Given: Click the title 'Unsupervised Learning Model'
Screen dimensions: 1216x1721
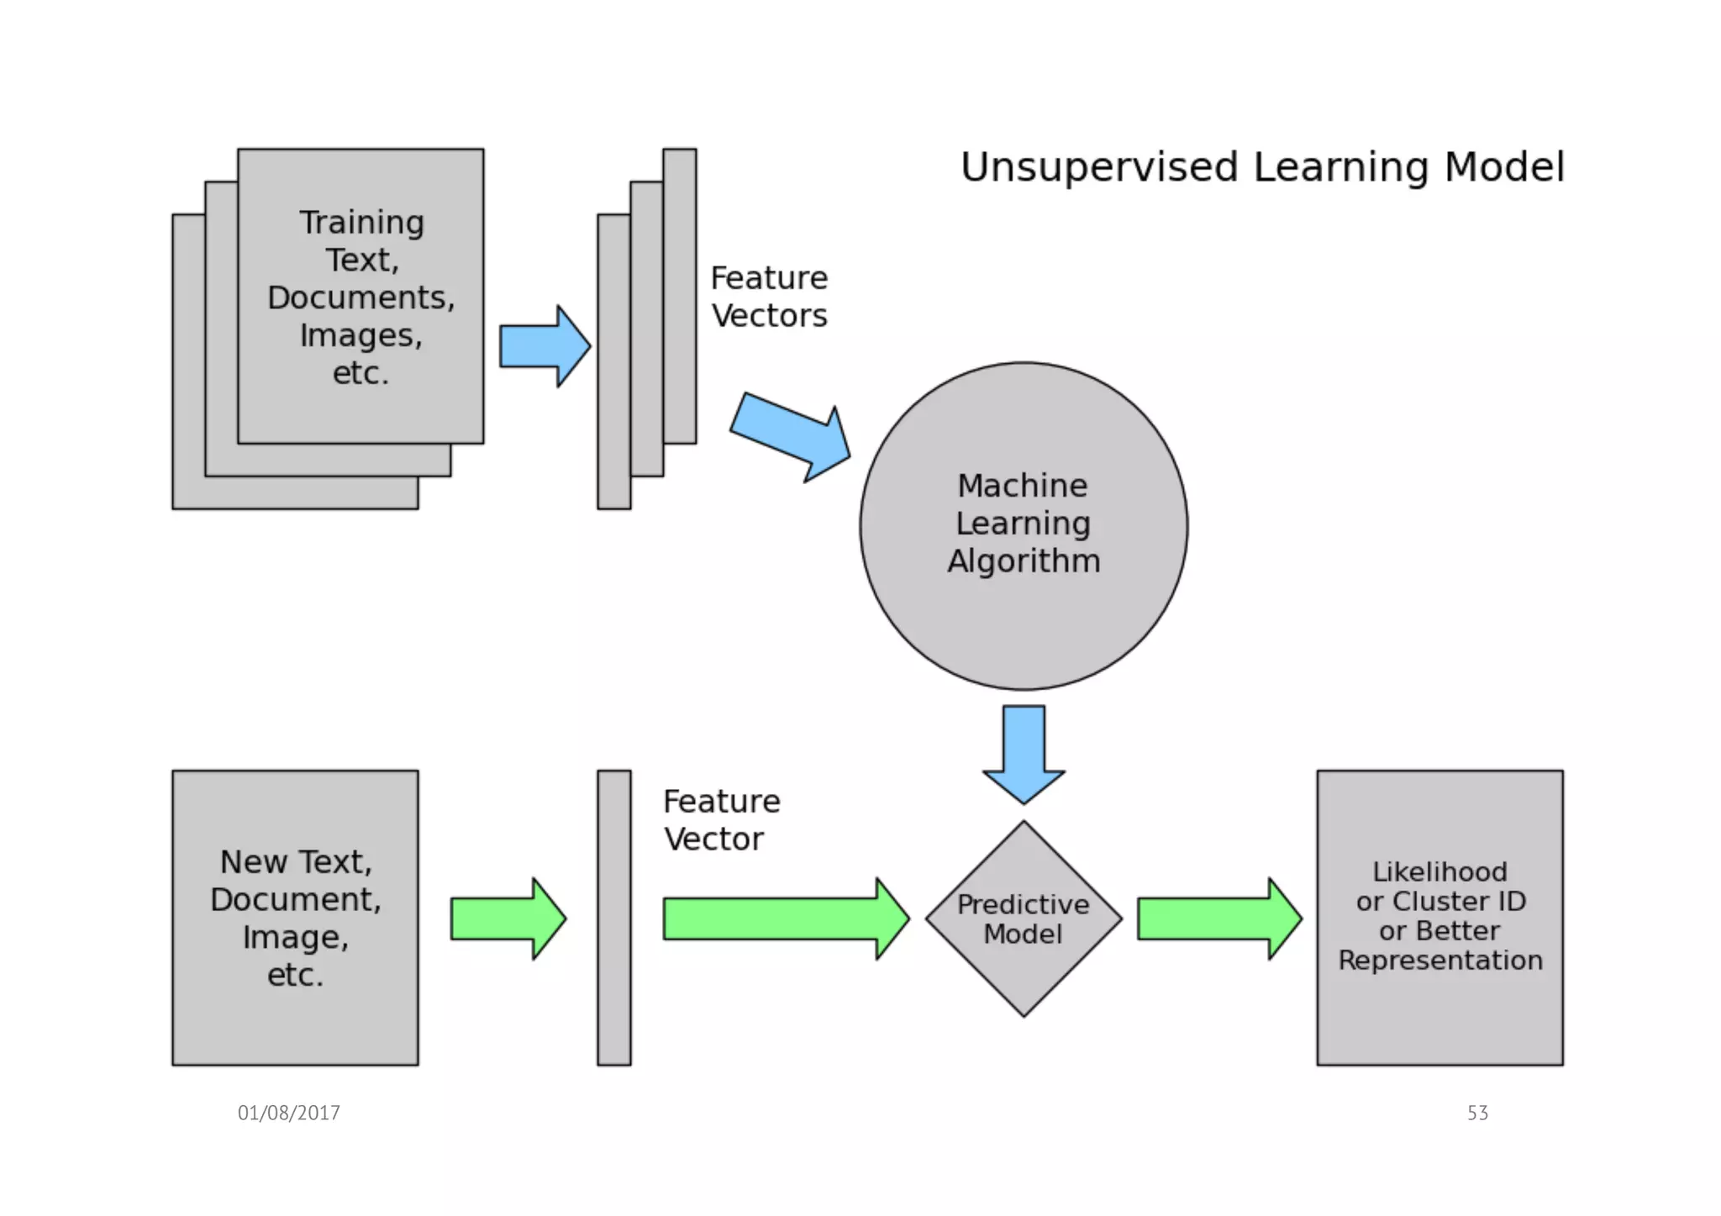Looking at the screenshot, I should point(1261,166).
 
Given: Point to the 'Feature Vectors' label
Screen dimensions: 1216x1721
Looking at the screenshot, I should point(769,297).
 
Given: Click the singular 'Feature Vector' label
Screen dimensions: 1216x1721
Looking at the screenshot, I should point(721,819).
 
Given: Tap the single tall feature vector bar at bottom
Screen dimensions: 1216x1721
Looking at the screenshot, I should point(614,918).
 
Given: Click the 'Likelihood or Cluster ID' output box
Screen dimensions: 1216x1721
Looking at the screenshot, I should point(1439,1017).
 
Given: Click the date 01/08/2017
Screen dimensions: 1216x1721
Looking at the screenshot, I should point(288,1113).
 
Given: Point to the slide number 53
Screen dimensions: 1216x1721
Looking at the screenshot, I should point(1477,1113).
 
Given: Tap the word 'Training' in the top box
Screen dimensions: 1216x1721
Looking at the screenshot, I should point(361,223).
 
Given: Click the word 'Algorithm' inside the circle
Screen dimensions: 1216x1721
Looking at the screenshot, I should point(1024,561).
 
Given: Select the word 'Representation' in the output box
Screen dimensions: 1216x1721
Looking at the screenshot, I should point(1439,960).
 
